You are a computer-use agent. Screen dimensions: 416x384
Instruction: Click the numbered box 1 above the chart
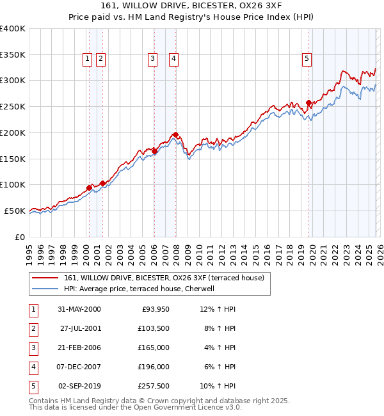tap(87, 59)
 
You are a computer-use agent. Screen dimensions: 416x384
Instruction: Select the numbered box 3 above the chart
tap(153, 59)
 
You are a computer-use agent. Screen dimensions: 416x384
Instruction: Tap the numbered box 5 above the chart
tap(307, 59)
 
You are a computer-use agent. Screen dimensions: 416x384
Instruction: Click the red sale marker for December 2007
tap(175, 135)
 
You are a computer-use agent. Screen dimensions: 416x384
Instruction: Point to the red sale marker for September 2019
tap(308, 102)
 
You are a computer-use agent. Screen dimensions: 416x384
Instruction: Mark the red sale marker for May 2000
tap(89, 188)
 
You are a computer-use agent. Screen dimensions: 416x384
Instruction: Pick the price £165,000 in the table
tap(154, 348)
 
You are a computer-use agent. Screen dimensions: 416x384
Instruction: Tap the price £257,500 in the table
tap(154, 386)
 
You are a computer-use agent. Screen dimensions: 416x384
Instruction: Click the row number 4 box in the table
tap(33, 367)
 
